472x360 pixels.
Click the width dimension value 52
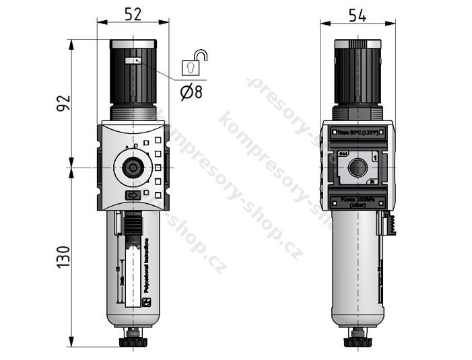133,13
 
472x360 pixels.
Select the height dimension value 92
63,104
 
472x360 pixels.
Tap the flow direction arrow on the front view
133,196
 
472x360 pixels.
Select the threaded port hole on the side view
357,166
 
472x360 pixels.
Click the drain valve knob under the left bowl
133,340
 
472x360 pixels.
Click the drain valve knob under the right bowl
357,340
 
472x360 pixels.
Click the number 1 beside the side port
374,156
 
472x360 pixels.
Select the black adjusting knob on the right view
358,77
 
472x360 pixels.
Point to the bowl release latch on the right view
389,223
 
